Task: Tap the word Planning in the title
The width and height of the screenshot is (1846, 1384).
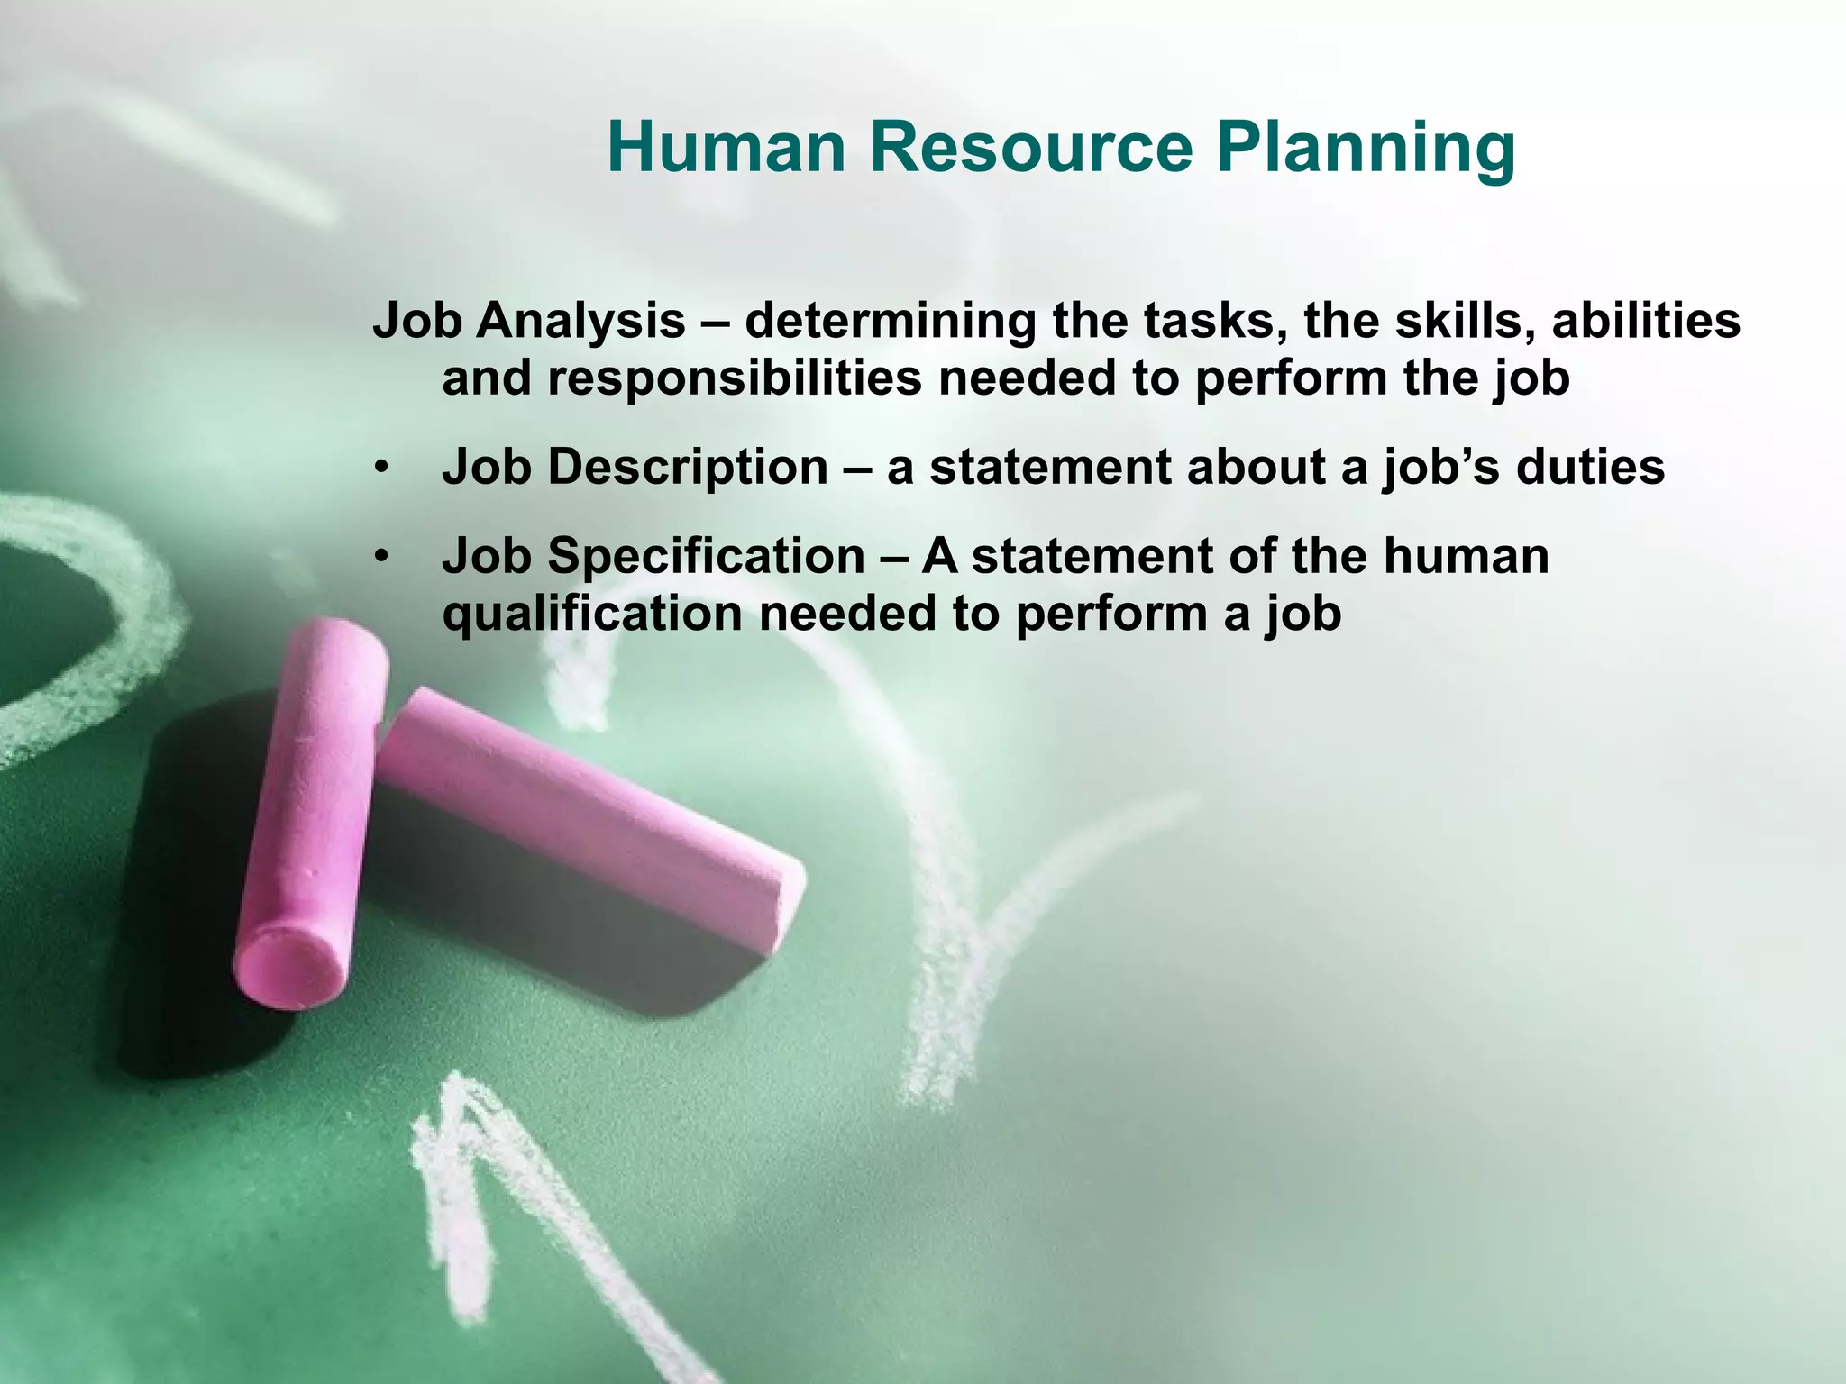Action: [x=1366, y=150]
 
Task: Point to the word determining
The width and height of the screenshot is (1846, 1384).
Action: [x=890, y=322]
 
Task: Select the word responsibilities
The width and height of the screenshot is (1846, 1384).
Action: [x=735, y=378]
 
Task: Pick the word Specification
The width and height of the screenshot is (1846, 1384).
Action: [x=706, y=557]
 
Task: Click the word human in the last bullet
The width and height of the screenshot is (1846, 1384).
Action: [x=1466, y=555]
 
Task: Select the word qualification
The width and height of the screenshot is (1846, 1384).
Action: [x=592, y=615]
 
